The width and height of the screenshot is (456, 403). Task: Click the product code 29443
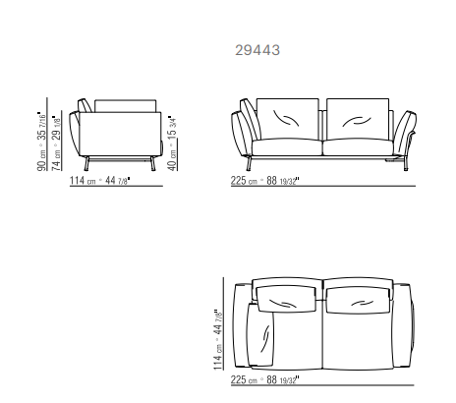click(257, 50)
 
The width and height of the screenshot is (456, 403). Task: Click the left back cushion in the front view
click(287, 119)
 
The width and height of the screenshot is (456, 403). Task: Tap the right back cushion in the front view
click(358, 119)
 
